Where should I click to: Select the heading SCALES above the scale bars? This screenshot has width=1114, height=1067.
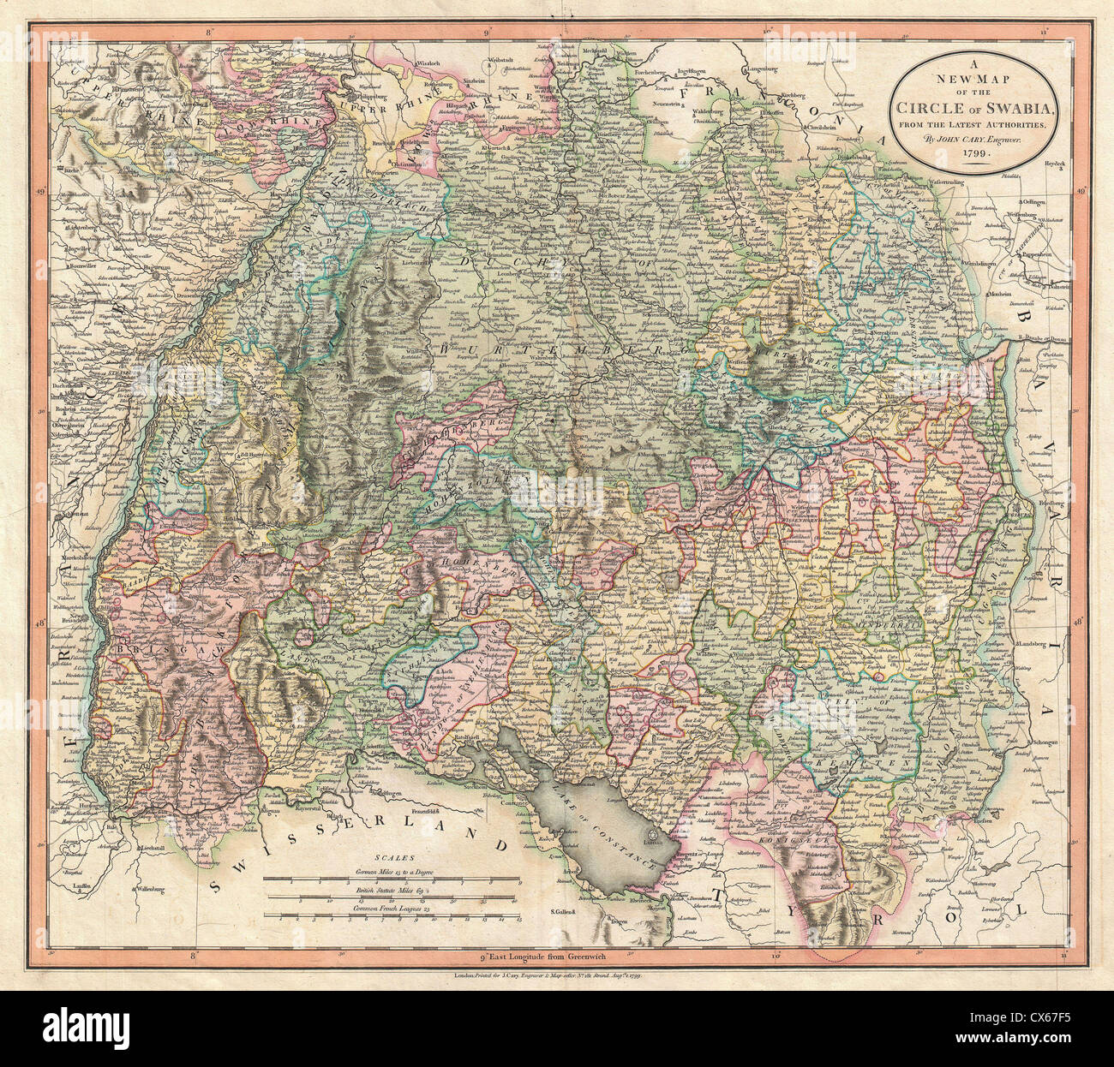coord(393,855)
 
